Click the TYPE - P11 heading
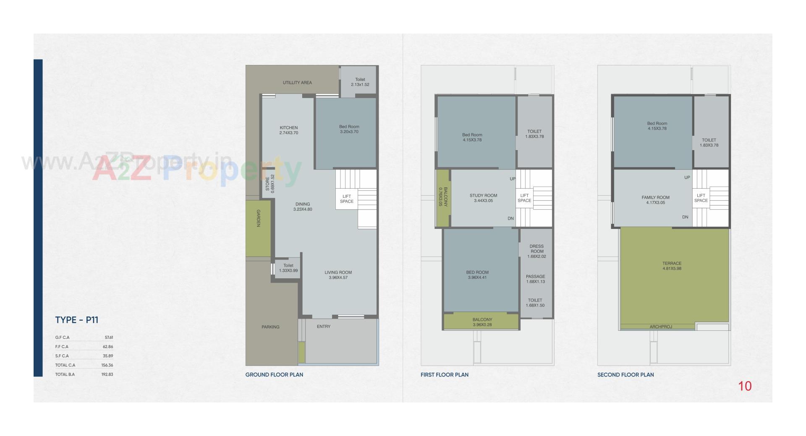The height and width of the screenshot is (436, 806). pyautogui.click(x=76, y=320)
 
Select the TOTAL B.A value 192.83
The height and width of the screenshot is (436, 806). pyautogui.click(x=107, y=374)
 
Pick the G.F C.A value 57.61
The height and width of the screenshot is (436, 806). pyautogui.click(x=109, y=337)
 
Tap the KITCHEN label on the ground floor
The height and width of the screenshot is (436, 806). pyautogui.click(x=289, y=128)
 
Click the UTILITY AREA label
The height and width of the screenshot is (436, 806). pyautogui.click(x=297, y=83)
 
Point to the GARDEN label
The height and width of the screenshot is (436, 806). pyautogui.click(x=258, y=218)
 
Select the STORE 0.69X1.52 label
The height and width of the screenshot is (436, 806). pyautogui.click(x=270, y=184)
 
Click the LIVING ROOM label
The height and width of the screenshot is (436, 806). pyautogui.click(x=338, y=272)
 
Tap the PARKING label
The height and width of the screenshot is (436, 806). pyautogui.click(x=270, y=327)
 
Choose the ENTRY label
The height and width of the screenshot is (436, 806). pyautogui.click(x=324, y=327)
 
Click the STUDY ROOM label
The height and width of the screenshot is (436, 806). pyautogui.click(x=483, y=196)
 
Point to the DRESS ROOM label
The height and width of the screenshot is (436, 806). pyautogui.click(x=536, y=249)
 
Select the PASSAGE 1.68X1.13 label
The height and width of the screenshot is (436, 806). pyautogui.click(x=536, y=279)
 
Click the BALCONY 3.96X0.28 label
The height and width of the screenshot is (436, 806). pyautogui.click(x=482, y=322)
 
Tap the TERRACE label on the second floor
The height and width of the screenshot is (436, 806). pyautogui.click(x=672, y=264)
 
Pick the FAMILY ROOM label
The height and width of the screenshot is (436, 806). pyautogui.click(x=655, y=198)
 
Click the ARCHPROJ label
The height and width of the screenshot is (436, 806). pyautogui.click(x=661, y=327)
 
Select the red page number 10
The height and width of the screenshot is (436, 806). pyautogui.click(x=745, y=386)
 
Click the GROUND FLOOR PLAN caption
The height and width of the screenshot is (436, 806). pyautogui.click(x=274, y=375)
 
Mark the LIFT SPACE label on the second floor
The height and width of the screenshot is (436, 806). pyautogui.click(x=701, y=198)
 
